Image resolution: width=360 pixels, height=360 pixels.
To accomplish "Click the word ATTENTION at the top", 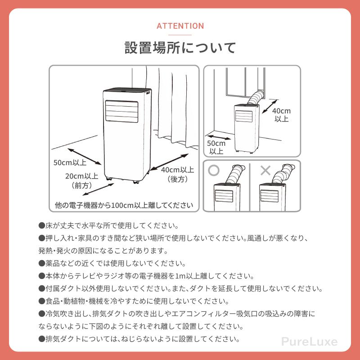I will pos(180,26).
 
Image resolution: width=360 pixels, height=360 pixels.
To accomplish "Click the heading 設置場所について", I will pos(180,48).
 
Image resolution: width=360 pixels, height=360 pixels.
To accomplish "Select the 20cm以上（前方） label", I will pos(81,180).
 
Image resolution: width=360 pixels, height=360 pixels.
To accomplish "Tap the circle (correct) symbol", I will pos(214,171).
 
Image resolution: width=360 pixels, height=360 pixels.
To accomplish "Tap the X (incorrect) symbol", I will pos(266,171).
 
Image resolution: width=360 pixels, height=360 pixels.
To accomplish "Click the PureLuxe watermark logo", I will pos(309,342).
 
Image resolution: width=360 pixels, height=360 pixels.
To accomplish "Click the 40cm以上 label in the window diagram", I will pos(282,115).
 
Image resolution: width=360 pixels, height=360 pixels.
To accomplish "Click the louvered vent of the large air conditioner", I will pos(121,111).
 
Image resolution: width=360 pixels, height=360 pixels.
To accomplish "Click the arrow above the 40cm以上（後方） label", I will pos(168,162).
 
